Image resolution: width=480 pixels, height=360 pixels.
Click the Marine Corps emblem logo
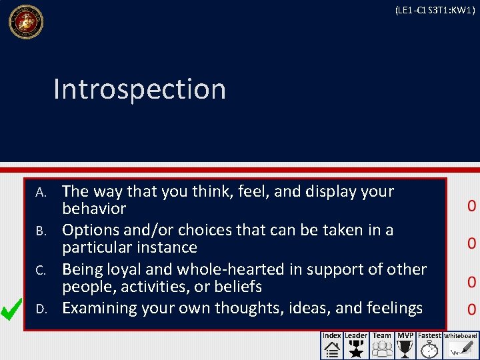click(25, 22)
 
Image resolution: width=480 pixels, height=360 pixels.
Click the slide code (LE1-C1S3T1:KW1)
click(435, 10)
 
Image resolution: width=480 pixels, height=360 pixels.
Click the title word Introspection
click(139, 89)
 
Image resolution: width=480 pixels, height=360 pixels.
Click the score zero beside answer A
click(471, 205)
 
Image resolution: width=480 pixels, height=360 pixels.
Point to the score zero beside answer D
click(471, 309)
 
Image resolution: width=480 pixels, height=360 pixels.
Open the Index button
click(331, 345)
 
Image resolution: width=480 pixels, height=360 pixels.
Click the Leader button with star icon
click(355, 345)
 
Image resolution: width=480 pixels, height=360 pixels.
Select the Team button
click(382, 345)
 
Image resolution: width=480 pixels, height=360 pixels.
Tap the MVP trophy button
click(405, 345)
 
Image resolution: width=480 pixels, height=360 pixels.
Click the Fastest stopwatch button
click(429, 345)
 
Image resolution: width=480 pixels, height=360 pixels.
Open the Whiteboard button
click(461, 345)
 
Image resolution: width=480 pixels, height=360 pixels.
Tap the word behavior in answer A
click(94, 209)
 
